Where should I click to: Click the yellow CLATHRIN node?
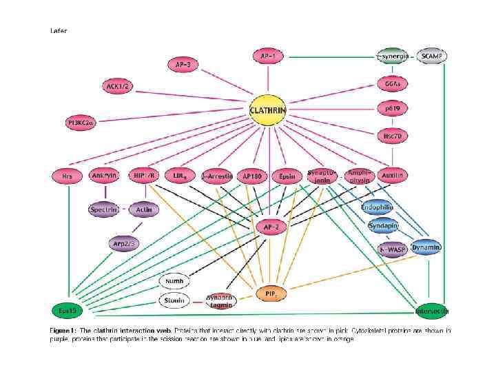268,110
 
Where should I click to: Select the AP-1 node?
267,56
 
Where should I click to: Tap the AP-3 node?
183,64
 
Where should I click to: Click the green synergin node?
393,56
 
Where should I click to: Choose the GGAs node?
393,83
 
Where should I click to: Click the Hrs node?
67,176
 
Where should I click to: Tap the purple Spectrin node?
105,209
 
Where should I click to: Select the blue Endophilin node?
377,207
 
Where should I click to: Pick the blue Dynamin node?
426,247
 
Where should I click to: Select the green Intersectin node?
432,311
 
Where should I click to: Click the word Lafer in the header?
59,30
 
